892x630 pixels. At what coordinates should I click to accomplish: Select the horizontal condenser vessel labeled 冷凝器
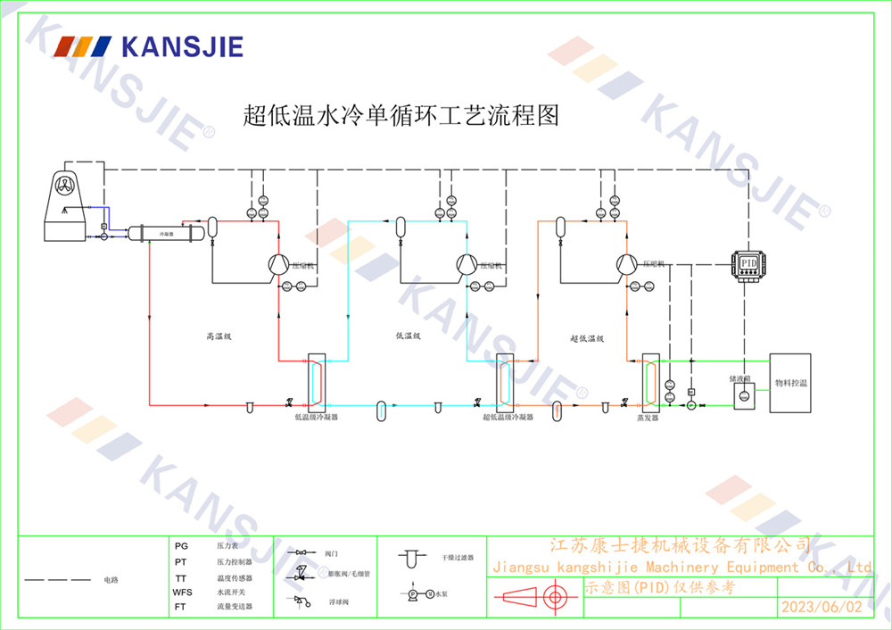click(166, 233)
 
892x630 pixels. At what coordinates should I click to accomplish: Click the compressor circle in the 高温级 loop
click(277, 262)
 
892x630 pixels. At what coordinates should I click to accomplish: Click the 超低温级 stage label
click(587, 338)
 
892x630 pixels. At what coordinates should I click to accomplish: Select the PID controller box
click(749, 265)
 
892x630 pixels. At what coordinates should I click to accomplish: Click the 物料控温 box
click(790, 382)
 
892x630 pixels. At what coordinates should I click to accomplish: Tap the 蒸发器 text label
click(647, 417)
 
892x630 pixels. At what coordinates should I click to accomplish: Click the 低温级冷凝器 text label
click(317, 417)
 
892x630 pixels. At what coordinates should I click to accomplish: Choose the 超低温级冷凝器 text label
click(508, 417)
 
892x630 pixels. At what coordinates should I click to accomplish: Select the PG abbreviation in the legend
click(181, 544)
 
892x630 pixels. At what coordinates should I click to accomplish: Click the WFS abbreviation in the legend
click(182, 593)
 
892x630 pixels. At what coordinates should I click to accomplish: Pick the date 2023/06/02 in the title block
click(822, 607)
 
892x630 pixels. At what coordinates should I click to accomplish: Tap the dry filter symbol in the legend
click(409, 560)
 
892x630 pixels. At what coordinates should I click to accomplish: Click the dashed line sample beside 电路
click(57, 580)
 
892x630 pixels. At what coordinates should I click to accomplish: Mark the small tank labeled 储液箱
click(742, 394)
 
